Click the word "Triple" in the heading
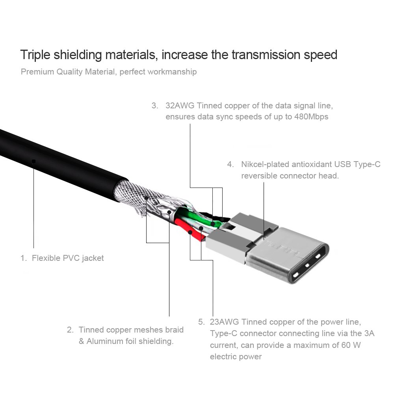pyautogui.click(x=34, y=54)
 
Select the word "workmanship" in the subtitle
pyautogui.click(x=172, y=72)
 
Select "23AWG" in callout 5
pyautogui.click(x=224, y=322)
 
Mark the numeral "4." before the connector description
pyautogui.click(x=230, y=164)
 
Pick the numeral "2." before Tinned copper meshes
pyautogui.click(x=71, y=329)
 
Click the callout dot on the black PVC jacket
pyautogui.click(x=34, y=161)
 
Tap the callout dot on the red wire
pyautogui.click(x=190, y=232)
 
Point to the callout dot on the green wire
pyautogui.click(x=213, y=224)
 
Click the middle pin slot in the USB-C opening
pyautogui.click(x=307, y=265)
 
